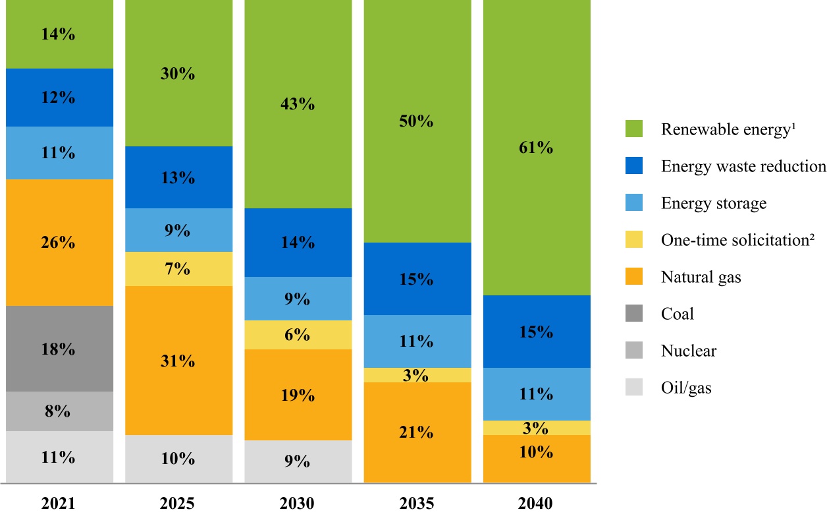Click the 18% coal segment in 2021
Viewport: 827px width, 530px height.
click(59, 349)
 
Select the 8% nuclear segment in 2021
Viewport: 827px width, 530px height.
click(59, 411)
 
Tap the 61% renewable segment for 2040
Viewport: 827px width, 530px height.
click(537, 148)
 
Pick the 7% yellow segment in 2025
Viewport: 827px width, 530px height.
click(178, 269)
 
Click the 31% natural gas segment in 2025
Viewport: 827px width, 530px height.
click(178, 361)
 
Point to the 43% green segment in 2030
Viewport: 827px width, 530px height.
click(298, 104)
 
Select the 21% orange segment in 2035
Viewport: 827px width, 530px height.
click(417, 432)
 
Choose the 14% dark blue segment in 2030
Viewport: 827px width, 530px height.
click(298, 243)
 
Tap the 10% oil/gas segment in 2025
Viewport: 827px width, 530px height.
click(178, 459)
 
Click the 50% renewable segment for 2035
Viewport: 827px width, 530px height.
click(417, 121)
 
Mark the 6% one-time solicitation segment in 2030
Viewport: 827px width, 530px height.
click(298, 335)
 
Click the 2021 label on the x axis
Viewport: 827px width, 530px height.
click(59, 504)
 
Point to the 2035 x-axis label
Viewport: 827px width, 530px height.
click(417, 504)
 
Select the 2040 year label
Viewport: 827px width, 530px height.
click(536, 504)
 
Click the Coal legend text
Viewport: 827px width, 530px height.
click(678, 314)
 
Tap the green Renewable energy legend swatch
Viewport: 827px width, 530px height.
click(634, 130)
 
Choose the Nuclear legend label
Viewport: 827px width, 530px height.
click(689, 351)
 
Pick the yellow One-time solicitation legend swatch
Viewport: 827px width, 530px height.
click(634, 241)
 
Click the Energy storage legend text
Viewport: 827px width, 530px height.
click(714, 203)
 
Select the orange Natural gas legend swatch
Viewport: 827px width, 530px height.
click(634, 278)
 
